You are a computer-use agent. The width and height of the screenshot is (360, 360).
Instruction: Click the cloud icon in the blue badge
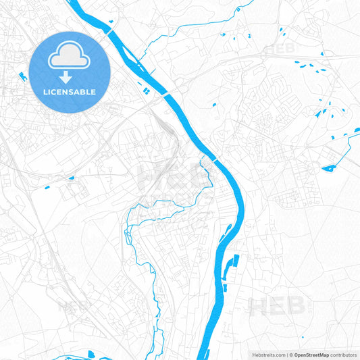[x=70, y=57]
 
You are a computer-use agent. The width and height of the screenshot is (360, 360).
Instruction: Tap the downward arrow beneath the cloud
[x=70, y=77]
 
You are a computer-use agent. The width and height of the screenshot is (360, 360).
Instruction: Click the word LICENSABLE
[x=70, y=92]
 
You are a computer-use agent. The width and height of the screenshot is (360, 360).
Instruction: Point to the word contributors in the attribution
[x=344, y=355]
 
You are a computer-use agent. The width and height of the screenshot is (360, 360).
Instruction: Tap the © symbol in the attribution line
[x=291, y=355]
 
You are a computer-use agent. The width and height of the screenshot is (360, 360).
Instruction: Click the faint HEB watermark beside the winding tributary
[x=162, y=177]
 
